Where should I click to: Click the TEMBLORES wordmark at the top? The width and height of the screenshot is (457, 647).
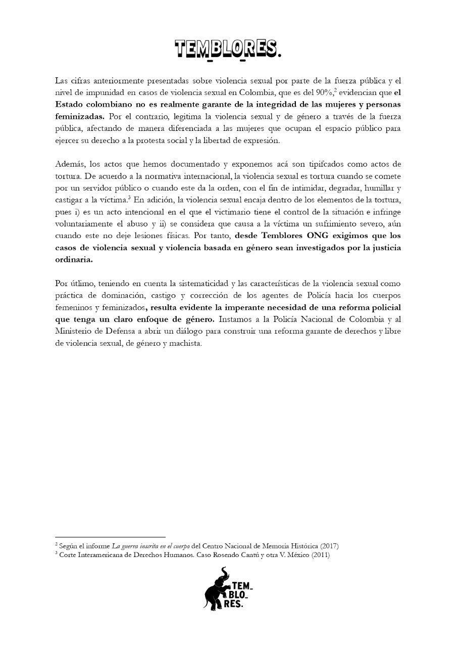[228, 49]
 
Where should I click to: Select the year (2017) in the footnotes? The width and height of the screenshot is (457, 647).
[328, 546]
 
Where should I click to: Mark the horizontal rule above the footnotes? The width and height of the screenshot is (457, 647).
[110, 537]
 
